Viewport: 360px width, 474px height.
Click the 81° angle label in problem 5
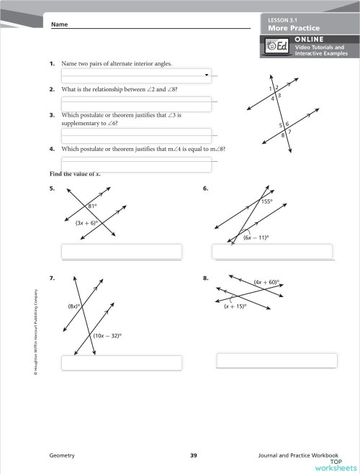pyautogui.click(x=92, y=206)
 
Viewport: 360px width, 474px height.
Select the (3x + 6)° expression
pyautogui.click(x=86, y=224)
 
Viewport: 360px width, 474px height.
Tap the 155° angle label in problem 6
pyautogui.click(x=267, y=202)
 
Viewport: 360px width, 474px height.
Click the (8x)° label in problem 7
pyautogui.click(x=73, y=306)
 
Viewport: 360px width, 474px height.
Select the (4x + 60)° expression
pyautogui.click(x=266, y=283)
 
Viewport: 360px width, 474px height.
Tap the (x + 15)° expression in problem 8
pyautogui.click(x=235, y=306)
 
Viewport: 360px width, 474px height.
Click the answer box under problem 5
pyautogui.click(x=122, y=252)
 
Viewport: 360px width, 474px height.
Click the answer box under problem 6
pyautogui.click(x=272, y=251)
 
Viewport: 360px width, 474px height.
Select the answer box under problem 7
pyautogui.click(x=122, y=362)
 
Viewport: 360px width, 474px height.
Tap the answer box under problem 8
pyautogui.click(x=277, y=360)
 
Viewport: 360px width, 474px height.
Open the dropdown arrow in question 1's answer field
pyautogui.click(x=207, y=74)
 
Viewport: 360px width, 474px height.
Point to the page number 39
pyautogui.click(x=194, y=456)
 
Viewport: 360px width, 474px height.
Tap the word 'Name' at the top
pyautogui.click(x=59, y=24)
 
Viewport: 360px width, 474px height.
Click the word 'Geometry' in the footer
pyautogui.click(x=61, y=456)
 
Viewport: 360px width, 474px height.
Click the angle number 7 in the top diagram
pyautogui.click(x=289, y=132)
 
